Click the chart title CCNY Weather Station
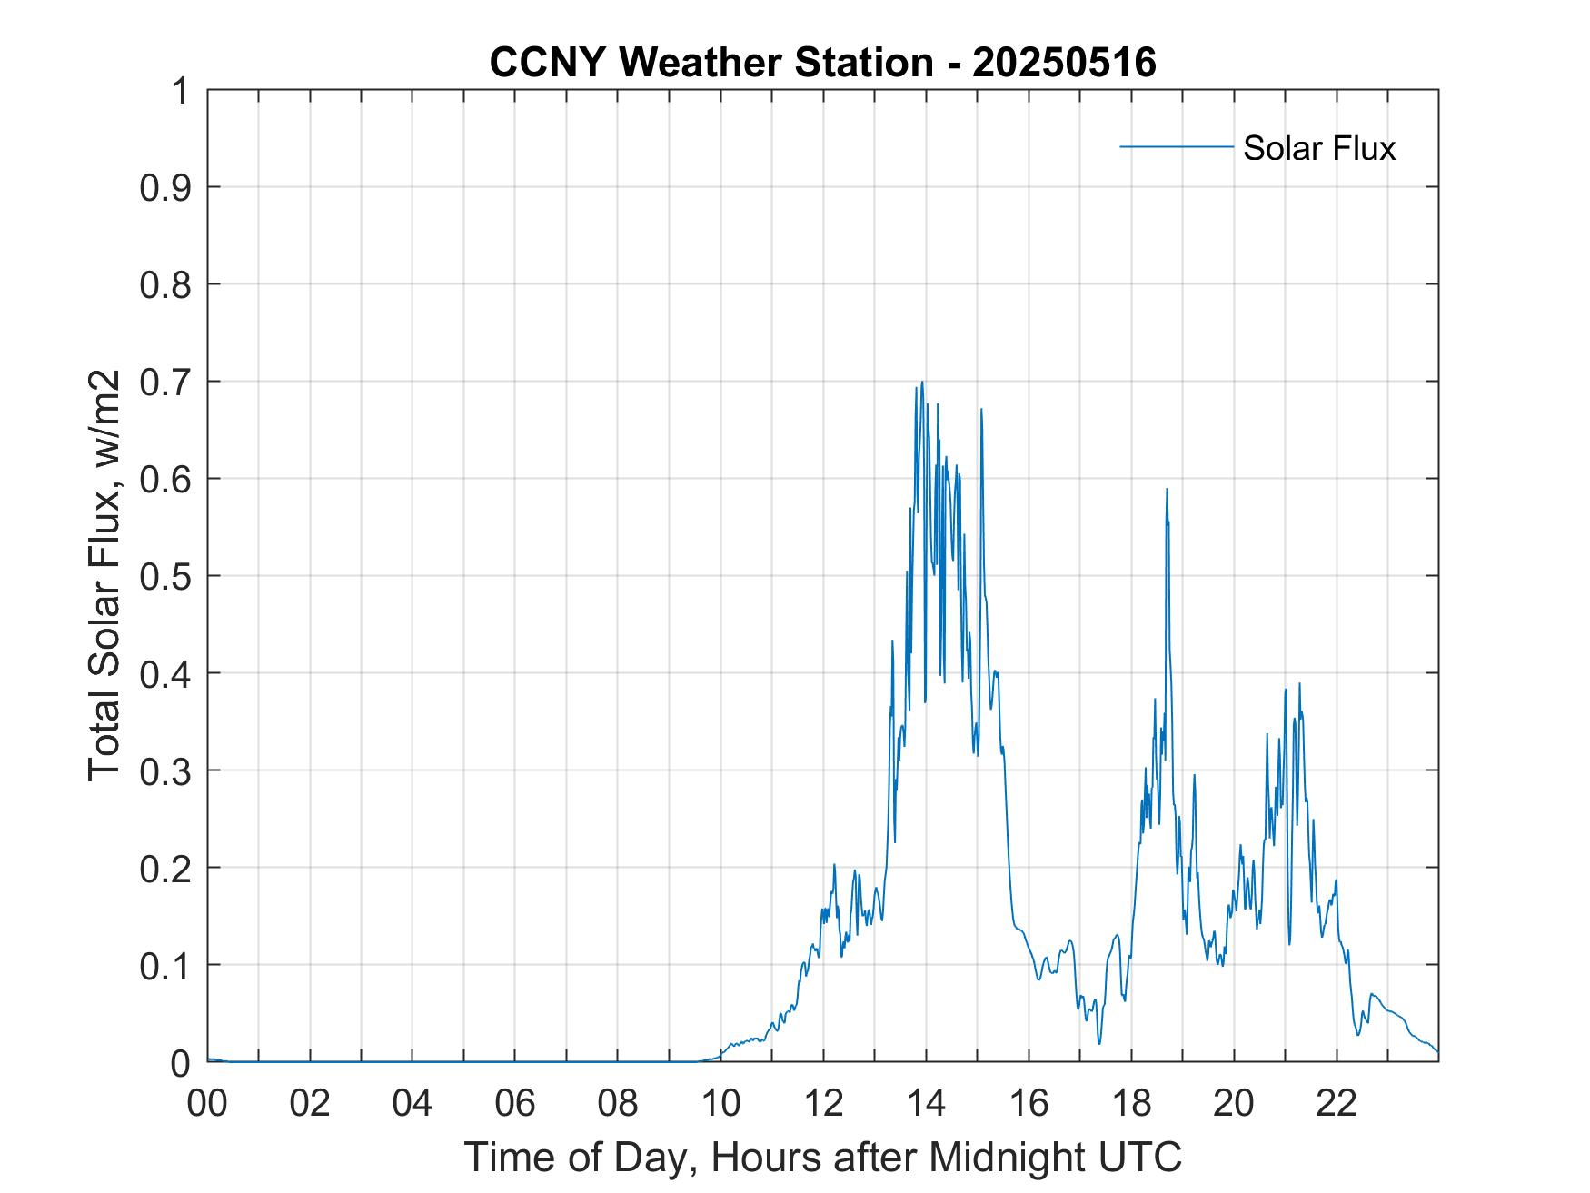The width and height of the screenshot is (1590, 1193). [x=711, y=63]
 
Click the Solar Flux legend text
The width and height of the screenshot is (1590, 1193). [x=1318, y=148]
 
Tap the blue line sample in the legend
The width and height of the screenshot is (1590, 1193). [x=1177, y=146]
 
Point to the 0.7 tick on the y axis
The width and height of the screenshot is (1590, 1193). [x=169, y=382]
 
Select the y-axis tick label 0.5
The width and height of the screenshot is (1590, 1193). [x=169, y=576]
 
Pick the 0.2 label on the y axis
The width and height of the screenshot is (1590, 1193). [x=169, y=868]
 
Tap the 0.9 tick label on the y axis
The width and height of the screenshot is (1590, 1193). [x=169, y=188]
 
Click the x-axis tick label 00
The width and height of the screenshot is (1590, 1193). [x=207, y=1103]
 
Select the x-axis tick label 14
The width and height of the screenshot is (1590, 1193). [x=926, y=1103]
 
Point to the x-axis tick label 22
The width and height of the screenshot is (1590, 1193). [x=1337, y=1103]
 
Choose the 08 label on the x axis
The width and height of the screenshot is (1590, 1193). [x=618, y=1103]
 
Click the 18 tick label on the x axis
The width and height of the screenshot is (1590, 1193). [x=1131, y=1103]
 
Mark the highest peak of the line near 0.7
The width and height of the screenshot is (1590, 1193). [x=922, y=382]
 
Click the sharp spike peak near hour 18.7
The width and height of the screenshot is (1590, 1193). [x=1167, y=489]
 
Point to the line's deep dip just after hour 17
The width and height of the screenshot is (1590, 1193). [x=1099, y=1042]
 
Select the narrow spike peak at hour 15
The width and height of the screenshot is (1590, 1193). [x=981, y=409]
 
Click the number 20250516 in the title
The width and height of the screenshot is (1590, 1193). [x=1064, y=63]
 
